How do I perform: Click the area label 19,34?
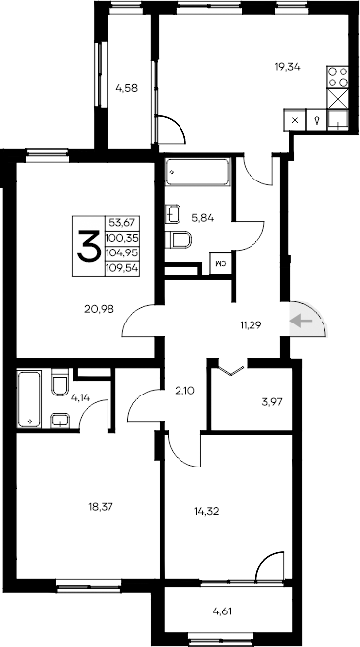pos(288,67)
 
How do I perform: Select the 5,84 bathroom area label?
pos(201,219)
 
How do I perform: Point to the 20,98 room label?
pos(101,308)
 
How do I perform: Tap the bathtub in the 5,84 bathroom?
pos(197,172)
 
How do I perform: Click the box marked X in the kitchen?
pos(294,120)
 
